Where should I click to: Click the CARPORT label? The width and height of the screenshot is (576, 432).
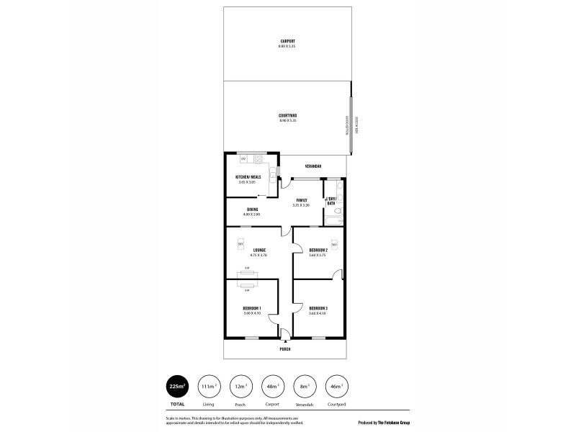point(288,41)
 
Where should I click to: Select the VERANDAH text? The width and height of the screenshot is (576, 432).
point(312,166)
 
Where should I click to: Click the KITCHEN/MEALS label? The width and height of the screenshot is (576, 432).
point(248,177)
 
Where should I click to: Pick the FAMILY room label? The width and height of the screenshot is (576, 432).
point(300,200)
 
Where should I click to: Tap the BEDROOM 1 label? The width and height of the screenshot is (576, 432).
point(251,308)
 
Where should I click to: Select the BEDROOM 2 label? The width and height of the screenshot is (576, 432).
point(318,250)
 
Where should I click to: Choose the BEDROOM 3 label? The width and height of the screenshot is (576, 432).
point(318,308)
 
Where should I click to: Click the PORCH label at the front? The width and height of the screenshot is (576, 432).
point(286,349)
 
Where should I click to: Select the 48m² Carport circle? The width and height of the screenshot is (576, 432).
point(271,386)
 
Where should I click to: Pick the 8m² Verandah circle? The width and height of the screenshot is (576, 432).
point(304,386)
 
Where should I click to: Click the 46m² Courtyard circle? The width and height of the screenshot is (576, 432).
point(336,386)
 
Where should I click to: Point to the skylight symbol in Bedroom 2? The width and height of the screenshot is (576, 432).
point(334,243)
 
